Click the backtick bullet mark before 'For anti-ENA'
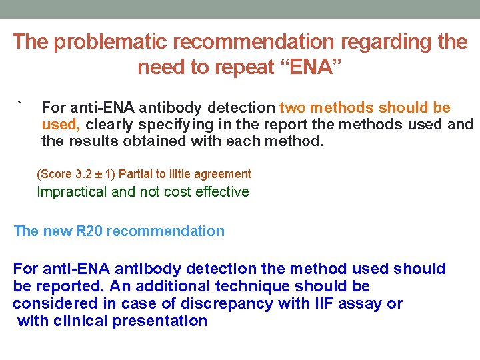coord(21,105)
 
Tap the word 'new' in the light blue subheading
coord(57,231)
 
